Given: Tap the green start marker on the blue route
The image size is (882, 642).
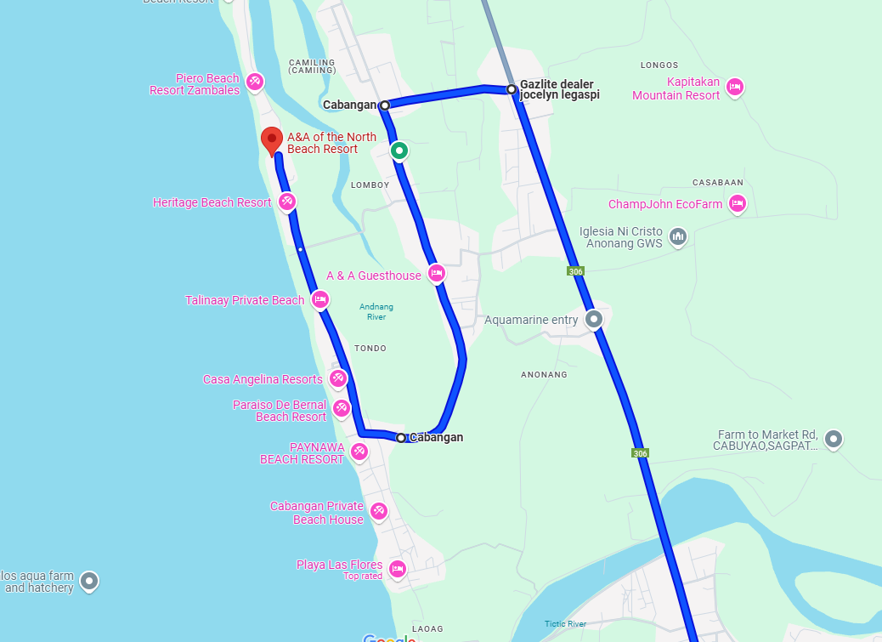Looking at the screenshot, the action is (399, 151).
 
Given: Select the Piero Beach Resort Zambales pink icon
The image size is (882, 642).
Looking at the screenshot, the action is (254, 82).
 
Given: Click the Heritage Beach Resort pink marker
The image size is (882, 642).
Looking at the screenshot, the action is (287, 202).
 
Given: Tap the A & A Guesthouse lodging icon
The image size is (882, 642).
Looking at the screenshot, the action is (436, 273).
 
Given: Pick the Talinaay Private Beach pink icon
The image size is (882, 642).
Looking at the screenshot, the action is (320, 298).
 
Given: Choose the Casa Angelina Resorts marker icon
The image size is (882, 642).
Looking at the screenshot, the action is (338, 378).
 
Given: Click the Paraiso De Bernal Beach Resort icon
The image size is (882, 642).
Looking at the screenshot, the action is (342, 408).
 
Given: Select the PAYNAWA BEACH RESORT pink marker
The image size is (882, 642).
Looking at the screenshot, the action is (359, 450).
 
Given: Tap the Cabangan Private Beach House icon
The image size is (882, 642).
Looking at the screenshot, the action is (379, 511).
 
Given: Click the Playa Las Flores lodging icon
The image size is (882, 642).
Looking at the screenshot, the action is (397, 568).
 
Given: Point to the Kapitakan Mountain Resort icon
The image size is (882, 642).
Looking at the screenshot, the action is (735, 87).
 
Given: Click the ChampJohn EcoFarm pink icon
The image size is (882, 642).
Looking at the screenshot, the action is (738, 202).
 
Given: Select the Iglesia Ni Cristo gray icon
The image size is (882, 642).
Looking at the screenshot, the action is (677, 236).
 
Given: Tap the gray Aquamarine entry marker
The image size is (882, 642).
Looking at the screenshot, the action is (594, 319).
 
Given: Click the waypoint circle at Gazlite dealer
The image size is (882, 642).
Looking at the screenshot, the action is (512, 89).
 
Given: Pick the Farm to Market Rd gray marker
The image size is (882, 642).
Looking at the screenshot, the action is (834, 439).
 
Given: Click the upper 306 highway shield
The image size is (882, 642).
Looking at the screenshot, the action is (576, 270).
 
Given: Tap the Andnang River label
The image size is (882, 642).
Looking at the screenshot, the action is (376, 311).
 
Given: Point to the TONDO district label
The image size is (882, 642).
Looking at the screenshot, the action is (370, 349).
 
